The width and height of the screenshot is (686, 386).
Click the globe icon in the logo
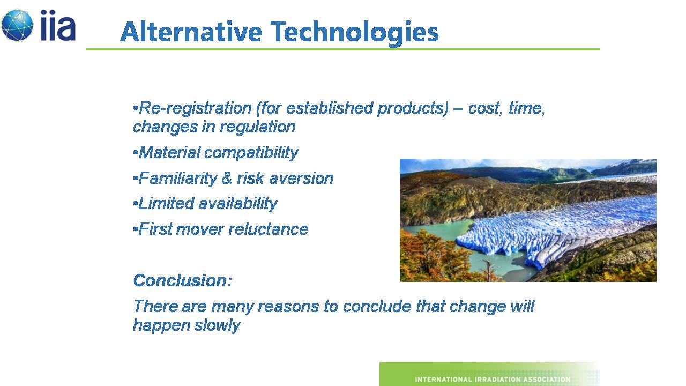17,25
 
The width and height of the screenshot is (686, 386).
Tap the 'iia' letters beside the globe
58,25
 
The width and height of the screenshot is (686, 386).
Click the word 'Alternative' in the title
191,32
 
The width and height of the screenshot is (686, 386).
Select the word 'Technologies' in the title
355,33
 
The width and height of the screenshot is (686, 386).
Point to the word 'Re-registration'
195,108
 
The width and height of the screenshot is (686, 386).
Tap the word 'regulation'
258,127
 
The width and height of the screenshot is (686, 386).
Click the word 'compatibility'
251,153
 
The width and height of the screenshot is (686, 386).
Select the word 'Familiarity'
178,179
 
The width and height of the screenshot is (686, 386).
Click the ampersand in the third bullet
227,178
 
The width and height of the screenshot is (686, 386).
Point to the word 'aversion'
301,179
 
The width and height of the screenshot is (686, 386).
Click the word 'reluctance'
269,229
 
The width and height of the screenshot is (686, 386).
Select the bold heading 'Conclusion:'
183,280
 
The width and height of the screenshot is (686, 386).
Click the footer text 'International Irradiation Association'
493,379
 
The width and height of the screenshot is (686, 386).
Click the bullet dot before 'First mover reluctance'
136,229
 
